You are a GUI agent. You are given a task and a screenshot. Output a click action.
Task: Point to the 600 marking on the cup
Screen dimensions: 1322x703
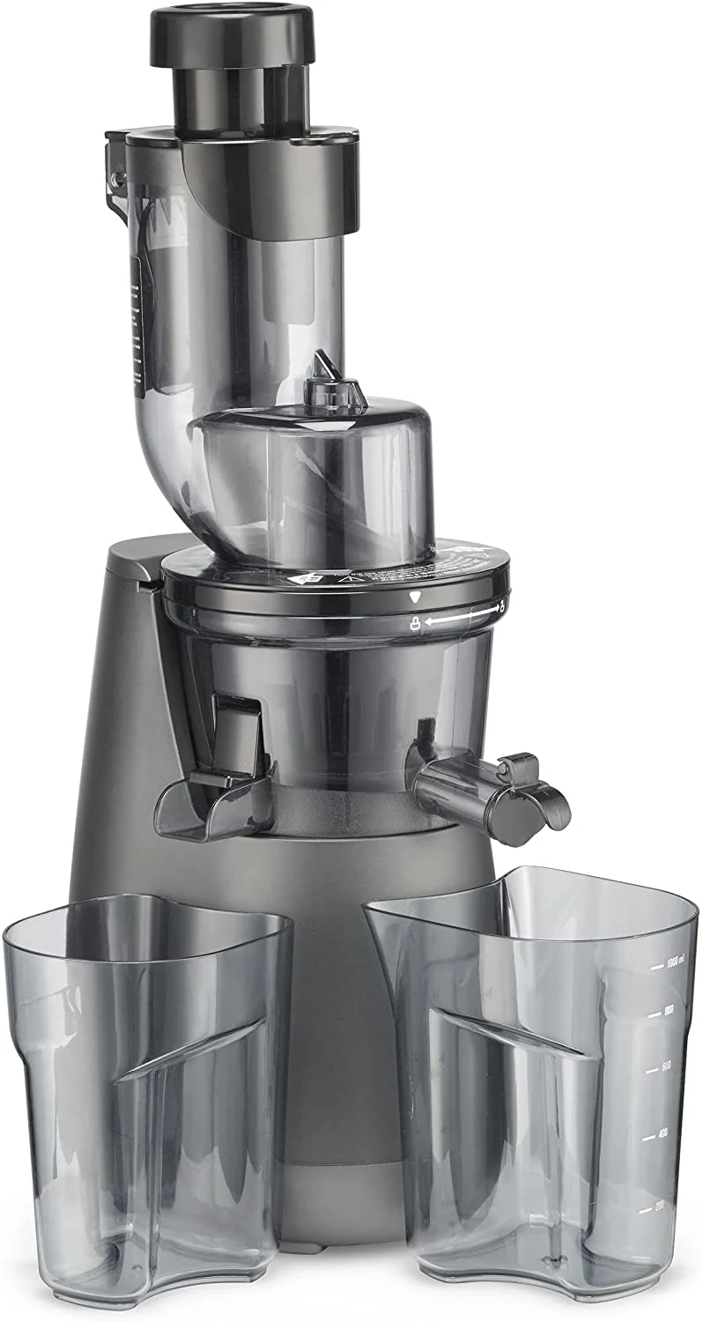667,1066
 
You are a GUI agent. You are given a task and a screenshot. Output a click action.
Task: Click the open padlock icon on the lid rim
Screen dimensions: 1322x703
500,607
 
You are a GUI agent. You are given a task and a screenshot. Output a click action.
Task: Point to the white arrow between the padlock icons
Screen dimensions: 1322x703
458,617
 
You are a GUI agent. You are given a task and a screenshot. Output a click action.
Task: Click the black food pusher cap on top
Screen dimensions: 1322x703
232,35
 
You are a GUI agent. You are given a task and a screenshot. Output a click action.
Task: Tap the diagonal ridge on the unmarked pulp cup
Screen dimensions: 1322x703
189,1049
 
